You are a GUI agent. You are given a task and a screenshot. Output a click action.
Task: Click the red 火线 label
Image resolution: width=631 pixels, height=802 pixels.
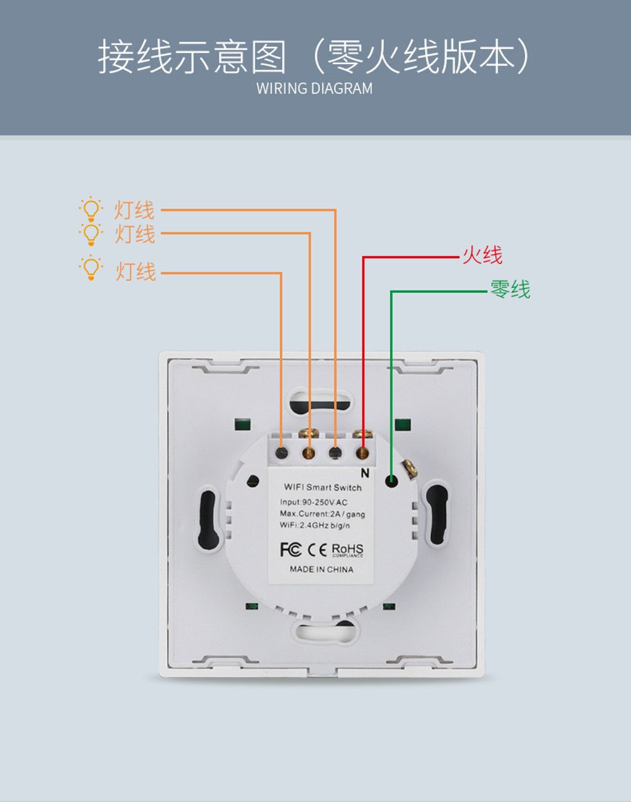tap(482, 255)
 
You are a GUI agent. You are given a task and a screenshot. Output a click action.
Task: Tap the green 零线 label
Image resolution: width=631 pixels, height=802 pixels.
tap(510, 289)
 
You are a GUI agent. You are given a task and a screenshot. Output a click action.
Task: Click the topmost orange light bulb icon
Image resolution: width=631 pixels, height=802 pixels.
tap(91, 210)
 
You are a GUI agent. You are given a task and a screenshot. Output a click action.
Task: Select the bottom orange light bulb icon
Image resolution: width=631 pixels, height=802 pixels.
tap(91, 268)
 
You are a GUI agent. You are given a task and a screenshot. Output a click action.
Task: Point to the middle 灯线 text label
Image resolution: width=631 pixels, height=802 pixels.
tap(135, 234)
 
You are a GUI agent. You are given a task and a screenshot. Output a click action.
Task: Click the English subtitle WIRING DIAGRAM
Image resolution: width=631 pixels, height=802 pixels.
tap(314, 89)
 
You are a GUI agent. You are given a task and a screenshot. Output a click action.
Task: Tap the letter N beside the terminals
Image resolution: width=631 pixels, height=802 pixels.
tap(365, 473)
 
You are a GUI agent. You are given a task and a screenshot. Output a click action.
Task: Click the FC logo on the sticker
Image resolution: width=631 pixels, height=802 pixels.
tap(290, 549)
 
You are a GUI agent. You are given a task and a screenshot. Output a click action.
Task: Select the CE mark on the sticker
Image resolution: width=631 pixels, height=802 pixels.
tap(317, 549)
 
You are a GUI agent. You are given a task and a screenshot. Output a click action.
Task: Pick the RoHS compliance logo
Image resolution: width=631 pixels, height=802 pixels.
tap(348, 549)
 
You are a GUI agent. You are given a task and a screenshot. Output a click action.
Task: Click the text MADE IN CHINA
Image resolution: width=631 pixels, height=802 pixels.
tap(322, 569)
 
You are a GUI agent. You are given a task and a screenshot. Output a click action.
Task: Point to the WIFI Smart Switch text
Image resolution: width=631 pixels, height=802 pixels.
tap(322, 487)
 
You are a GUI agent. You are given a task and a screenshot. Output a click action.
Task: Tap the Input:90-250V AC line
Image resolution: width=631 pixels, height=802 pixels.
tap(314, 502)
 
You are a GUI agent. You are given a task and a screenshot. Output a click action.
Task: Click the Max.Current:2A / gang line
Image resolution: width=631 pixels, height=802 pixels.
tap(322, 514)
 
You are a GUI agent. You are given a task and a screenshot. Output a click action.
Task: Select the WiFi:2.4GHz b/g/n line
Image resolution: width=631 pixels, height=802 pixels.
tap(314, 525)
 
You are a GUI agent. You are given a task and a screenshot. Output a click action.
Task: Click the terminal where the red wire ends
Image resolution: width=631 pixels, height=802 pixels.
tap(362, 454)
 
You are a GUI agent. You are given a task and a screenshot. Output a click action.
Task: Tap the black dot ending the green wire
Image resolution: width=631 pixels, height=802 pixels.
tap(391, 480)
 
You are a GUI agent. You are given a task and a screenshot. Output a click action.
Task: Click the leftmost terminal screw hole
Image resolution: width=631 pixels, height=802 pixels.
tap(282, 454)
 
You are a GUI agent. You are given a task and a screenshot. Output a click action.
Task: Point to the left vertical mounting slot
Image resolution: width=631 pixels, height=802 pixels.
tap(209, 520)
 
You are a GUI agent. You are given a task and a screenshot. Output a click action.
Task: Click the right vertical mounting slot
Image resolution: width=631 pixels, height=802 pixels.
tap(437, 515)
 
